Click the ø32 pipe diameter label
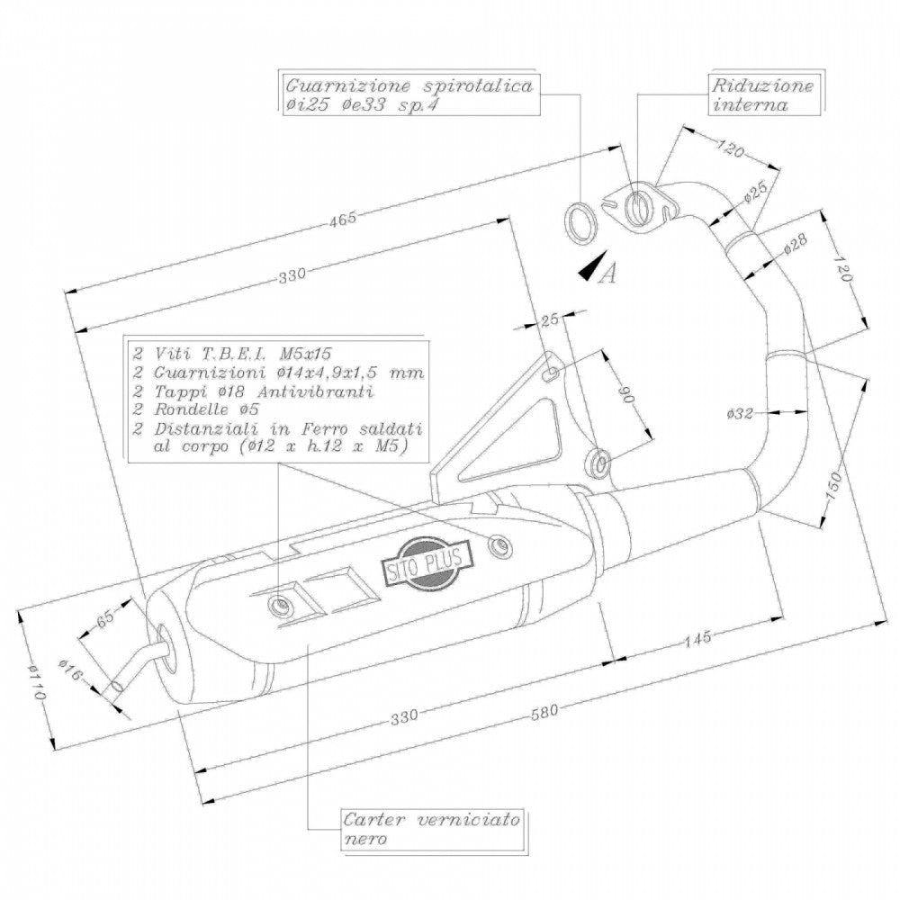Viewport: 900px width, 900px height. point(739,414)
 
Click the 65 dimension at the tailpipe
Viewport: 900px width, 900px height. point(106,617)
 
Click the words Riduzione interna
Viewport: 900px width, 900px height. point(762,95)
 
